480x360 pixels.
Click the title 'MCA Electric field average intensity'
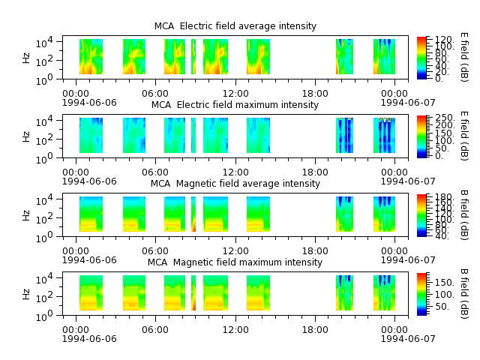click(235, 26)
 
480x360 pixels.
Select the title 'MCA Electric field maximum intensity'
click(235, 105)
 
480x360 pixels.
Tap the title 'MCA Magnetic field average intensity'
click(235, 183)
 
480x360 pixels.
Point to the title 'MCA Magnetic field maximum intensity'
click(235, 262)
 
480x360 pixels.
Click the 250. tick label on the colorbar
click(444, 118)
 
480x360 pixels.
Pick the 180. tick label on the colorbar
click(444, 196)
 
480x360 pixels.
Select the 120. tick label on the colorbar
click(444, 40)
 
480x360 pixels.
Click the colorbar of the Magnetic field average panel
click(421, 215)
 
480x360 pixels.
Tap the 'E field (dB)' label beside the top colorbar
click(464, 57)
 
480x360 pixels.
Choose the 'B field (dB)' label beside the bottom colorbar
click(464, 293)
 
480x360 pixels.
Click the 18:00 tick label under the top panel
click(315, 93)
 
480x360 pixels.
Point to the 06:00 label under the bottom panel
click(155, 330)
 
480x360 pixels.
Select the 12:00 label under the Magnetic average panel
click(235, 251)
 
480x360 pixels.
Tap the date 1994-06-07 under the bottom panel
click(408, 338)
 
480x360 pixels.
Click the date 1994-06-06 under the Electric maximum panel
click(89, 181)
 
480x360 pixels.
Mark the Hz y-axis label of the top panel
click(26, 58)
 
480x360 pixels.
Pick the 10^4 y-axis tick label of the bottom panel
click(44, 278)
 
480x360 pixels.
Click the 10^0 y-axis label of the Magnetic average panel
click(44, 237)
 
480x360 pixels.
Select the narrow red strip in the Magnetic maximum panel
click(193, 293)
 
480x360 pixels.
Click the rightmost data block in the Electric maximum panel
click(384, 135)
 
